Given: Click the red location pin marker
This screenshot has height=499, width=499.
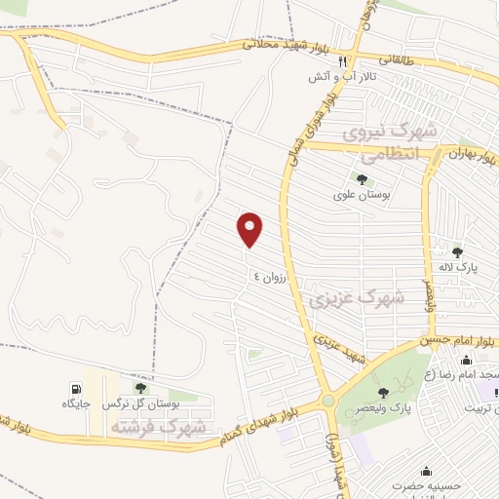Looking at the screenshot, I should [251, 228].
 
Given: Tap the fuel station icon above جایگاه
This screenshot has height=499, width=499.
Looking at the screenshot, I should [75, 388].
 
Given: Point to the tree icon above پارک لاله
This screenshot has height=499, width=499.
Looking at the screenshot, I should [457, 252].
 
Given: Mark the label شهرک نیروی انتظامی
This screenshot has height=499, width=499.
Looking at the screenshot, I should [388, 142].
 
